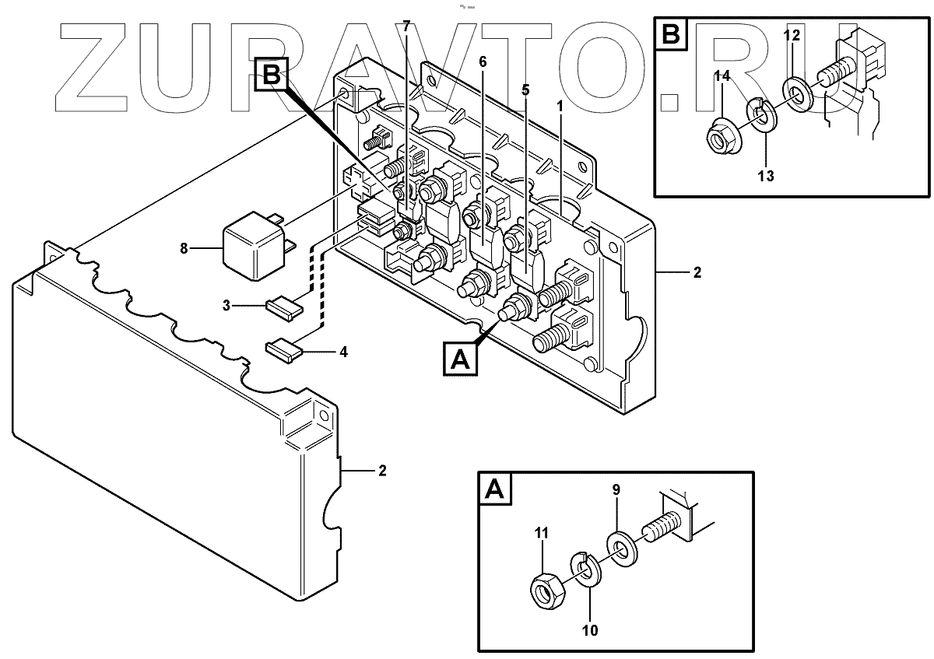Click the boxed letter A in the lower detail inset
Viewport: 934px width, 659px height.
click(x=492, y=489)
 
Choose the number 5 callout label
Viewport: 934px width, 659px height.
click(x=525, y=90)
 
